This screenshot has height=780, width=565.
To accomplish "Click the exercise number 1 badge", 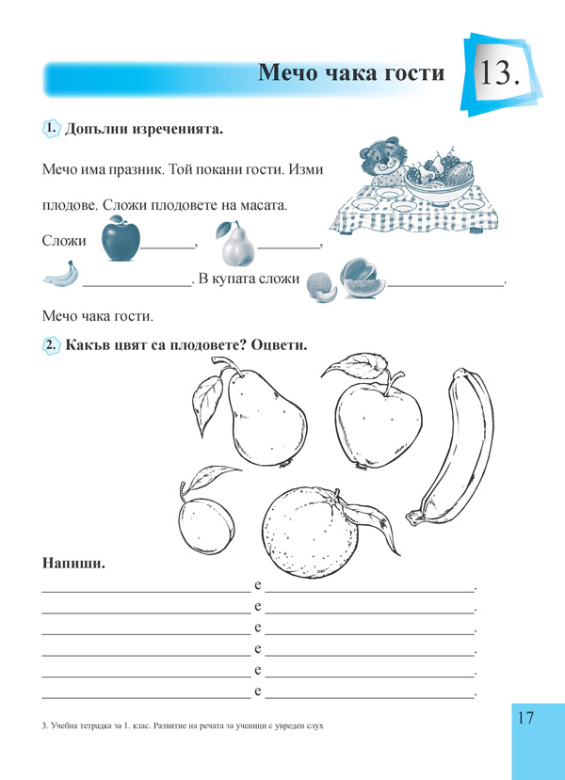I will pyautogui.click(x=52, y=128).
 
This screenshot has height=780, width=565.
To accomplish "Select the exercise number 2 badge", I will pyautogui.click(x=52, y=345).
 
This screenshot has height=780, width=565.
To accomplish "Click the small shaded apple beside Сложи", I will pyautogui.click(x=120, y=239).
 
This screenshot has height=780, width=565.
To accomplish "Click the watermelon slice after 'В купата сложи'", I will pyautogui.click(x=362, y=279).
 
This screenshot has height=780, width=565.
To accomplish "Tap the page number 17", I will pyautogui.click(x=525, y=718).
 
